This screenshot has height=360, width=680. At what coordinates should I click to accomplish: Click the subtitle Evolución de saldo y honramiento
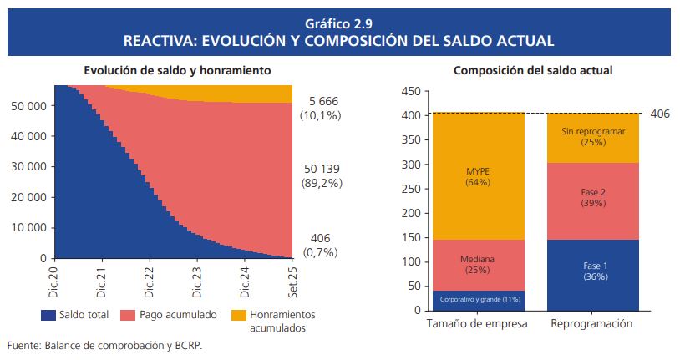175,71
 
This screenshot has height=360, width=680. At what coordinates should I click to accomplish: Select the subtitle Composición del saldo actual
533,71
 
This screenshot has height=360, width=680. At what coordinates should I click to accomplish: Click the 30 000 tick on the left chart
28,167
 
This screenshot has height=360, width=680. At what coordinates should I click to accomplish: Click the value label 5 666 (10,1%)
320,109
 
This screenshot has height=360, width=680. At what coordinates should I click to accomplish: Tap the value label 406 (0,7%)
320,245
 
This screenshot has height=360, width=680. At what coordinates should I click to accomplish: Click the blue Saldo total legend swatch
48,315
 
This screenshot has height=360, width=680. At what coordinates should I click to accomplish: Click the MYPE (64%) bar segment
478,176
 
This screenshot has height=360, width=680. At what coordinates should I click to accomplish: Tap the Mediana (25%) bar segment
478,265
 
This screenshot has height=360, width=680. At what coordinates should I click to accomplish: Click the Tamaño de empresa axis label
477,324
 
